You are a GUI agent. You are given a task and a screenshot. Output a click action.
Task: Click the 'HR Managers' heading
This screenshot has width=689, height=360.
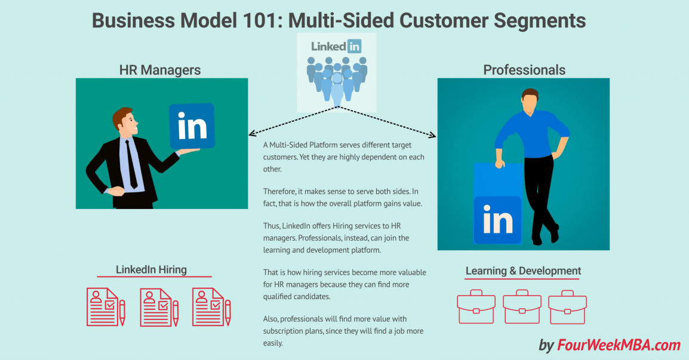click(x=160, y=70)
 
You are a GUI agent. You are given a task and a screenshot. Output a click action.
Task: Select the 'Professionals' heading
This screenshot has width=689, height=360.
click(x=524, y=70)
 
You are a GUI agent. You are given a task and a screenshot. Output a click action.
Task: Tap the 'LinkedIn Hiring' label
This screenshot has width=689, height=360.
click(x=151, y=269)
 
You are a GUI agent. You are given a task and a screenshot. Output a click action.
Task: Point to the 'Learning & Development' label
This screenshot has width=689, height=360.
click(x=523, y=270)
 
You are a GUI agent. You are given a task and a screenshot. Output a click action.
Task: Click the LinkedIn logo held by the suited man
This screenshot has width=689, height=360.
click(x=192, y=126)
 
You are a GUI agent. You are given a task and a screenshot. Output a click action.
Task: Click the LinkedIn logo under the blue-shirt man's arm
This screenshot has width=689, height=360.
click(x=497, y=220)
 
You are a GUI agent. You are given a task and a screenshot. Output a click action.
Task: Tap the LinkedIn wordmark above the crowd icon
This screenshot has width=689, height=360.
click(x=336, y=45)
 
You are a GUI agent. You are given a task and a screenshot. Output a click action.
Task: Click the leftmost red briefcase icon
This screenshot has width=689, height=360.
click(x=476, y=307)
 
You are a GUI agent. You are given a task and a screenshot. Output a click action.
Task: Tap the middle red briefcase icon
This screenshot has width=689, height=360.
click(x=522, y=307)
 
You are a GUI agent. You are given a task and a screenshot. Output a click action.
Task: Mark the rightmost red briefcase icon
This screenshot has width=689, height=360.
click(x=567, y=307)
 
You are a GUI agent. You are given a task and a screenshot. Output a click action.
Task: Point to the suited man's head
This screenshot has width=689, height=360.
click(x=124, y=123)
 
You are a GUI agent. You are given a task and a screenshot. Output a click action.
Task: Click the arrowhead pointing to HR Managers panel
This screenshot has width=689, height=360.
click(x=251, y=134)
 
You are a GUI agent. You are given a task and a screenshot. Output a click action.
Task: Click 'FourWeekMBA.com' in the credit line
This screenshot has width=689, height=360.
click(x=619, y=345)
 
